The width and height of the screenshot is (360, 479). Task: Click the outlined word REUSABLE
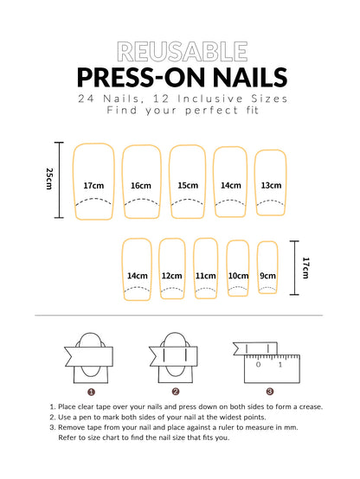(179, 51)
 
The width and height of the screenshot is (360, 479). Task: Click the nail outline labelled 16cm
(141, 182)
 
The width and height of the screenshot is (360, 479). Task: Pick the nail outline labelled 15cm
(188, 182)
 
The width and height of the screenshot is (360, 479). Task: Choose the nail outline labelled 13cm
(271, 182)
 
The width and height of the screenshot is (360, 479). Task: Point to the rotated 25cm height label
(49, 179)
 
